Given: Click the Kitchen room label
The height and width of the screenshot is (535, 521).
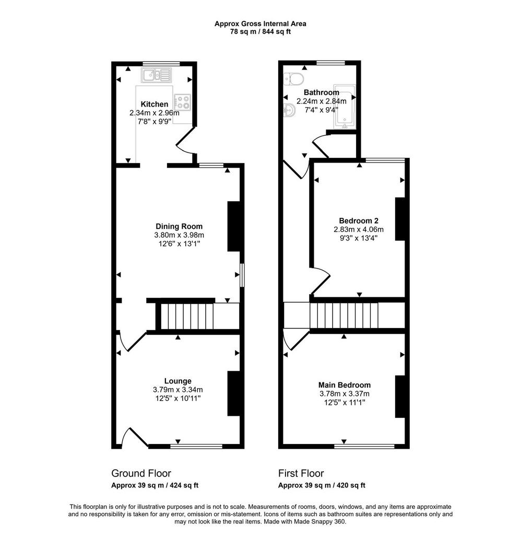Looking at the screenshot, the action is (x=154, y=104).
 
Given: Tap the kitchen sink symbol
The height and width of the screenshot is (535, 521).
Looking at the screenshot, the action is (x=157, y=75).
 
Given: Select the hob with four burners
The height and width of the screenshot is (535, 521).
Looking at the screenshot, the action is (x=182, y=102).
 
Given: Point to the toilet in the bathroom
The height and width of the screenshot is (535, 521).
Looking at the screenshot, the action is (x=293, y=79).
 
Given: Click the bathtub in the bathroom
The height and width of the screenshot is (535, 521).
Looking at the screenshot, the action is (x=345, y=107).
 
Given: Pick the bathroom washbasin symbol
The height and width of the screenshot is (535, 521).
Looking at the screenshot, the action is (x=289, y=110).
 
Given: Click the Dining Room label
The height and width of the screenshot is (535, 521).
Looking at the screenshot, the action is (x=179, y=226).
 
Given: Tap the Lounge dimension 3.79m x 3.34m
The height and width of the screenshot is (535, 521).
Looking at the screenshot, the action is (x=178, y=390).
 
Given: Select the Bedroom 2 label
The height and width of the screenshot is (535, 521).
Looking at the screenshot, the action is (x=359, y=221).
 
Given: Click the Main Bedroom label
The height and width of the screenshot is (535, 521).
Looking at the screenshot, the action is (x=345, y=385).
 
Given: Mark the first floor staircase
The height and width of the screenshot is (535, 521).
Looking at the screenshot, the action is (x=344, y=315).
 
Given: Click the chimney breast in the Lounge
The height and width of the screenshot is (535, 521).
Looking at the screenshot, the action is (x=233, y=393).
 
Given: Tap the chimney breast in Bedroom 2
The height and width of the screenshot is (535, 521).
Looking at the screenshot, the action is (x=400, y=219).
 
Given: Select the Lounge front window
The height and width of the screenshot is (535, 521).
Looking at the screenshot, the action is (x=196, y=446).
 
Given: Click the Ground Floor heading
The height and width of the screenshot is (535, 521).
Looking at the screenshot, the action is (x=141, y=473).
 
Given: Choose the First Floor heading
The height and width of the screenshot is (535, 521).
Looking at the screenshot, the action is (x=301, y=473).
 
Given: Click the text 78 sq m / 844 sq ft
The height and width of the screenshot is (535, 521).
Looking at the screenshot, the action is (x=260, y=32).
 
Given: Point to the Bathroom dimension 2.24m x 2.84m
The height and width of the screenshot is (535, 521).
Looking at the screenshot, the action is (x=322, y=101).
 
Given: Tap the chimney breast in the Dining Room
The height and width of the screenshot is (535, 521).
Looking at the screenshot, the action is (x=233, y=227).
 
